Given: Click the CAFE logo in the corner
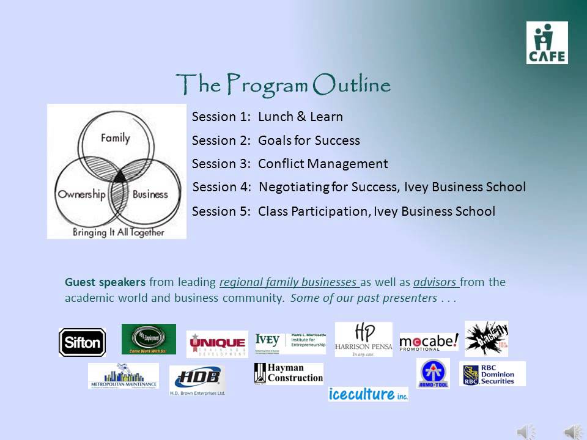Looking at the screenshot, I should click(547, 43).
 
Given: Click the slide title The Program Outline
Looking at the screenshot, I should click(283, 84).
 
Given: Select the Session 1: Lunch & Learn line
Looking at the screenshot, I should click(267, 117).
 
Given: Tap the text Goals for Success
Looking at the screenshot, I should click(309, 141).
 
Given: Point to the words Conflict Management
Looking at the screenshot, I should click(323, 164).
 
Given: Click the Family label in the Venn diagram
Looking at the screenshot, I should click(116, 137).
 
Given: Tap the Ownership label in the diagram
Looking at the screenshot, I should click(82, 194).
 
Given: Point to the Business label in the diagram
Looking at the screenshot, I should click(150, 194).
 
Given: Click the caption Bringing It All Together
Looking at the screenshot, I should click(118, 232).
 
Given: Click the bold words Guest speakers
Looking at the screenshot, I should click(105, 282).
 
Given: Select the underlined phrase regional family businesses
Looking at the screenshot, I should click(289, 282).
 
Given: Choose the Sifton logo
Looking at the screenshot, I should click(82, 343).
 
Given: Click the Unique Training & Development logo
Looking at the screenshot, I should click(217, 344).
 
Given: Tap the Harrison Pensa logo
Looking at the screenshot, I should click(363, 339).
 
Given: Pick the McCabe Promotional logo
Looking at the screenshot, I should click(429, 342).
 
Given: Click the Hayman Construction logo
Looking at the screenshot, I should click(289, 373).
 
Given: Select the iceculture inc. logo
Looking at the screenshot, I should click(367, 394).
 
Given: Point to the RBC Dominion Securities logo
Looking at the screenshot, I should click(492, 373).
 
